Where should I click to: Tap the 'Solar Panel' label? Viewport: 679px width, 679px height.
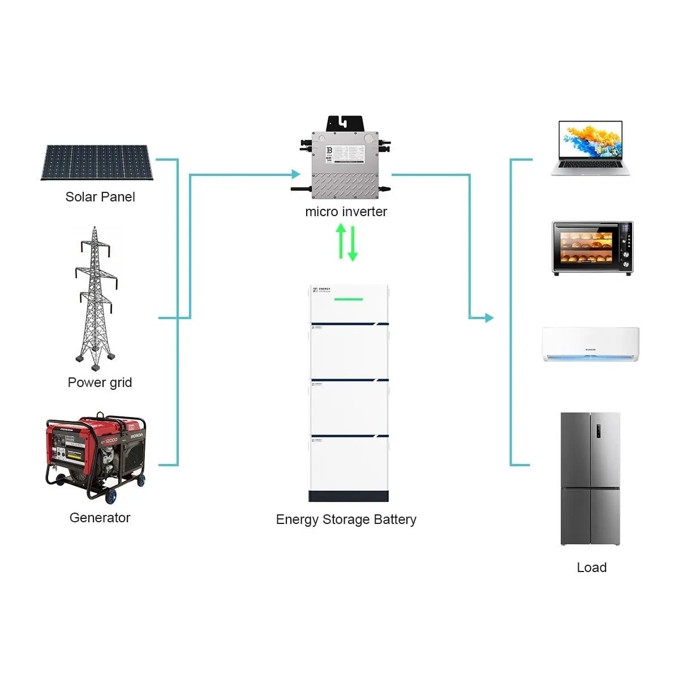[100, 197]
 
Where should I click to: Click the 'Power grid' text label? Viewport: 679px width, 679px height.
[100, 383]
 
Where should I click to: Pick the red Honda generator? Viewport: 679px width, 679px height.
[96, 456]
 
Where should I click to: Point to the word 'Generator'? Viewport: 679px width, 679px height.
[100, 518]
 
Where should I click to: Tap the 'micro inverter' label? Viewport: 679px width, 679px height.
[346, 212]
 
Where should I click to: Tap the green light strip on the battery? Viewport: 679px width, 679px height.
[347, 298]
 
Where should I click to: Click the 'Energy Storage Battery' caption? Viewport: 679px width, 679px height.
[346, 519]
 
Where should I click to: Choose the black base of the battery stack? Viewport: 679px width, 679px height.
[349, 496]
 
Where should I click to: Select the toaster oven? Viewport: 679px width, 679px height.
[592, 248]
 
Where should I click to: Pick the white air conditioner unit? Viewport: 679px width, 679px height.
[590, 344]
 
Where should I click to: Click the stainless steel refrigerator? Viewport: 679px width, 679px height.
[590, 479]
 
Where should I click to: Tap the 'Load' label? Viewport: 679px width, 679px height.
[591, 568]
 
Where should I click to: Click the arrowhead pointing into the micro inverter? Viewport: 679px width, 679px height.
[295, 175]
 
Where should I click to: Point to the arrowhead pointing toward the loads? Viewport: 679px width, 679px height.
[489, 318]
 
